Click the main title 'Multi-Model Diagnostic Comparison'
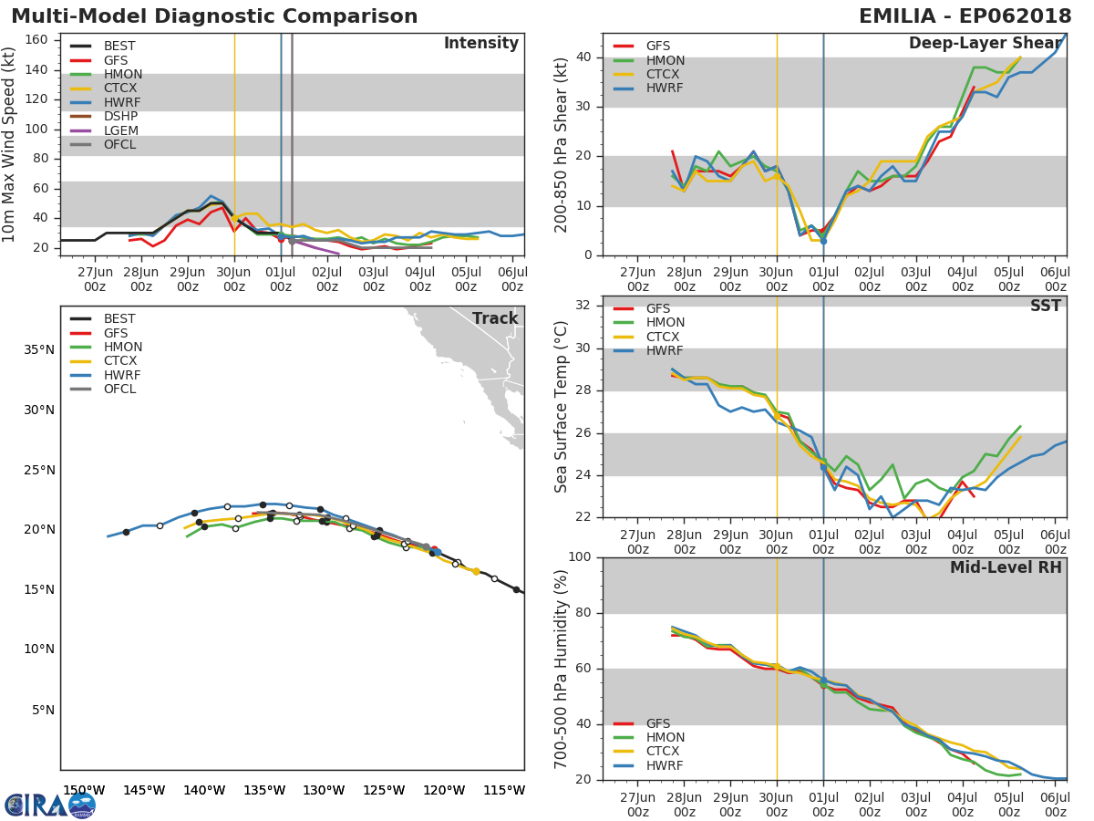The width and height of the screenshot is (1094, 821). point(214,16)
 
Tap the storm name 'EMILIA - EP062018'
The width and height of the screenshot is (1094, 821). point(965,16)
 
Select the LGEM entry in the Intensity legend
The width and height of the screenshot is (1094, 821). point(121,130)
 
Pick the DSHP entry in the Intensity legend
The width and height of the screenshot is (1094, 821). point(120,117)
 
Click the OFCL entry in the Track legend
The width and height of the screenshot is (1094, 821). point(119,390)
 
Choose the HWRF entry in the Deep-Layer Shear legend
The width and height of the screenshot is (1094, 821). point(664,88)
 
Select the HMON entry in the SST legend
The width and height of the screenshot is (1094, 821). point(665,323)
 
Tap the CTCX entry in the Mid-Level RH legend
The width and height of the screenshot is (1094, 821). point(665,752)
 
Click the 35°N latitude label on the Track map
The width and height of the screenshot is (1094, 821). point(38,349)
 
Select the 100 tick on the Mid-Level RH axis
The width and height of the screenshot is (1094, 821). point(580,557)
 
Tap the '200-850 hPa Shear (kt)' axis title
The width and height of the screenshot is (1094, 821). point(562,144)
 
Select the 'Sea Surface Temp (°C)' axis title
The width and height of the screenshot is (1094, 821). point(562,406)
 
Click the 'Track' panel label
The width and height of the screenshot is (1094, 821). point(495,318)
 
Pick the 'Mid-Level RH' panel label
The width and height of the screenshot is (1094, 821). point(1006,567)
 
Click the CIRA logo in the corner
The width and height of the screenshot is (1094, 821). point(50,805)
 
